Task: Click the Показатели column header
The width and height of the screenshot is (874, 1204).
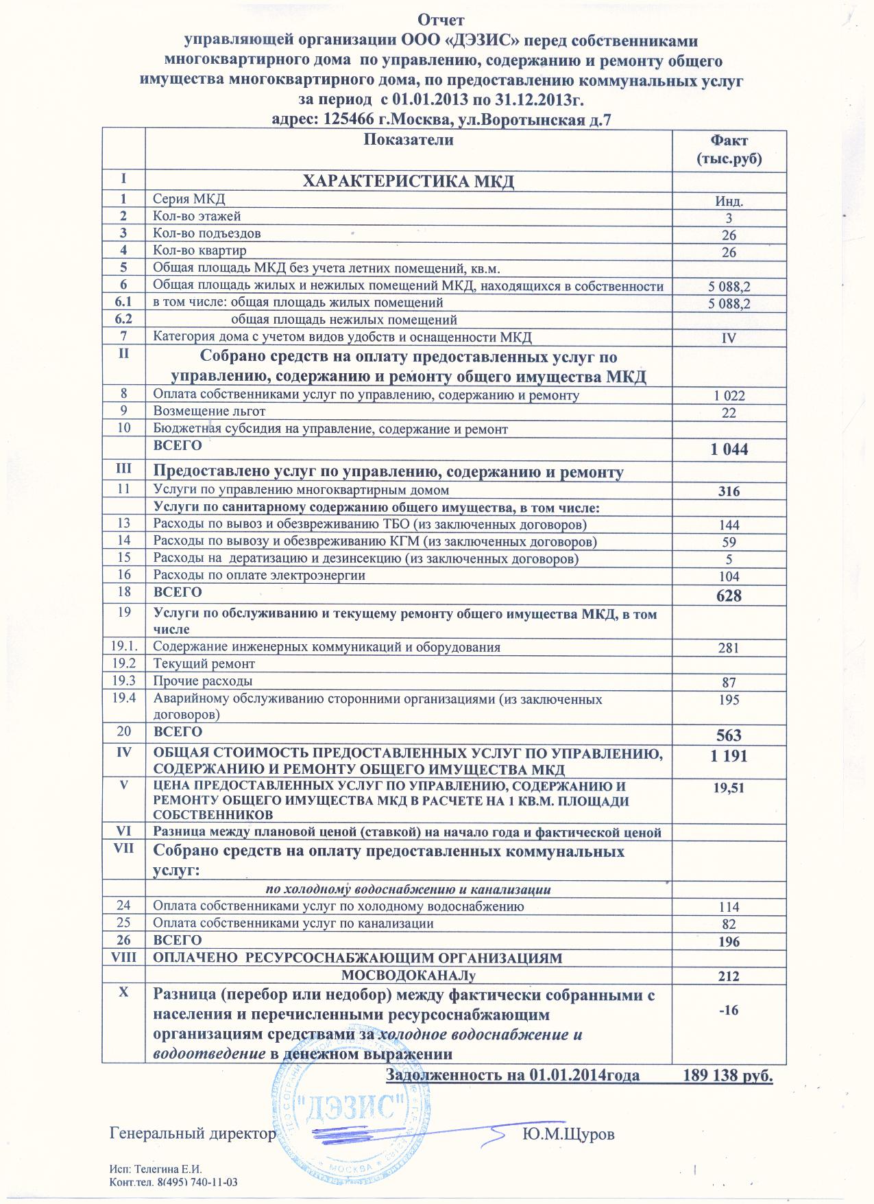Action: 409,140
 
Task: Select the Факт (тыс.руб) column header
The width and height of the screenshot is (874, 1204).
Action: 729,150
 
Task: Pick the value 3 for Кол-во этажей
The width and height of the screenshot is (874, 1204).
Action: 729,219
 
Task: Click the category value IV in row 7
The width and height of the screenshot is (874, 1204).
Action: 729,338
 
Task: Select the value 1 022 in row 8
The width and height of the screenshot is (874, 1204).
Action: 729,396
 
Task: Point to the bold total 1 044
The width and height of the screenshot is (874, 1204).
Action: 729,449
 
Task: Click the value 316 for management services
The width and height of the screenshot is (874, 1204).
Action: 729,491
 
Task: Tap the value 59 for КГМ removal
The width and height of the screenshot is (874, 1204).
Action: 729,543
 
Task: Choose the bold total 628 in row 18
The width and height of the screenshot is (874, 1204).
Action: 729,595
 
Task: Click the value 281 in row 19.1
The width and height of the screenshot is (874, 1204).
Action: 729,648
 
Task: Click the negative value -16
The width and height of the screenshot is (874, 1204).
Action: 729,1010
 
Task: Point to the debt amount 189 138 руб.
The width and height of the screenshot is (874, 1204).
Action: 729,1074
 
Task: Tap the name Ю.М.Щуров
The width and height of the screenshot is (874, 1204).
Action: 568,1134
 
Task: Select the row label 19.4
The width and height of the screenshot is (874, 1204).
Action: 123,698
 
